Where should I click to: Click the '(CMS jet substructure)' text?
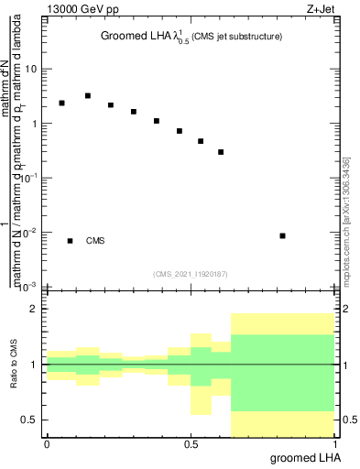pyautogui.click(x=237, y=37)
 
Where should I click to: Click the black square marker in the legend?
pyautogui.click(x=70, y=241)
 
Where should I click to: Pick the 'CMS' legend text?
pyautogui.click(x=95, y=241)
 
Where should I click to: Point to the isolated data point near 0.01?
pyautogui.click(x=283, y=235)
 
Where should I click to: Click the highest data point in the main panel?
pyautogui.click(x=88, y=95)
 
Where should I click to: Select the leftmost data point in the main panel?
pyautogui.click(x=61, y=103)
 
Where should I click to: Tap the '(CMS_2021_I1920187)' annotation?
pyautogui.click(x=191, y=274)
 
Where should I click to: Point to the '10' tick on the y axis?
pyautogui.click(x=32, y=69)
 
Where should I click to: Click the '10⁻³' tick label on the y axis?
pyautogui.click(x=30, y=286)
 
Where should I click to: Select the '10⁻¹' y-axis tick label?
pyautogui.click(x=30, y=178)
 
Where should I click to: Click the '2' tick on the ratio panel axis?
pyautogui.click(x=35, y=309)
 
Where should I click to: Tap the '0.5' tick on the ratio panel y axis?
pyautogui.click(x=30, y=420)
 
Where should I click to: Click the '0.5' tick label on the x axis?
pyautogui.click(x=191, y=444)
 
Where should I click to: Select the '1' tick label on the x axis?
pyautogui.click(x=334, y=444)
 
